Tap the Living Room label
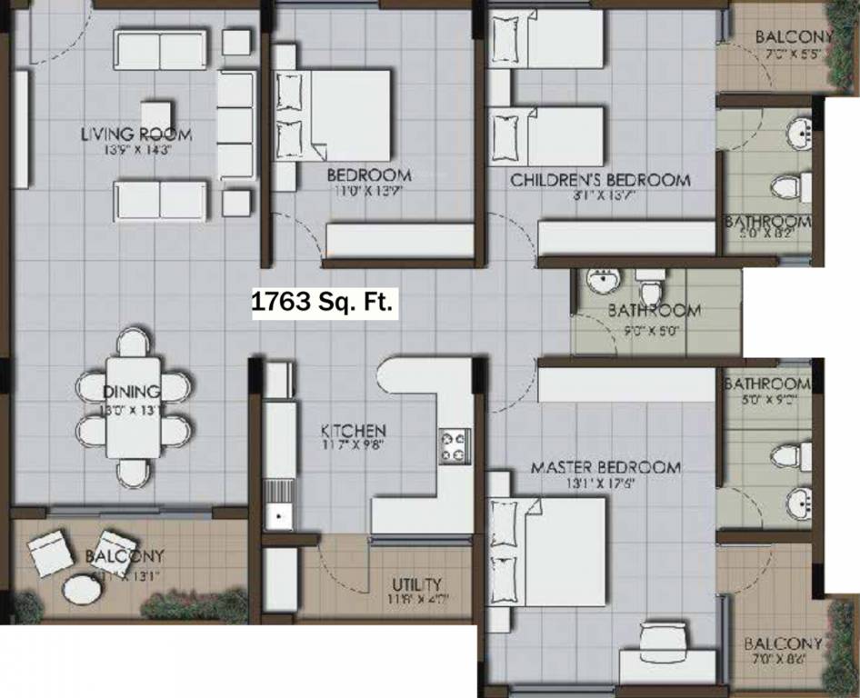click(x=136, y=135)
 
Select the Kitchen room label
click(x=354, y=430)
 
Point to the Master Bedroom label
click(x=605, y=468)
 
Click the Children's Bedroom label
click(x=600, y=180)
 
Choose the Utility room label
click(x=416, y=583)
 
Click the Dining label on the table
click(x=132, y=392)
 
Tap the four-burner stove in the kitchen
click(x=455, y=444)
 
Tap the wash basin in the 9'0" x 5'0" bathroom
click(x=601, y=281)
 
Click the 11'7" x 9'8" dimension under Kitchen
click(x=354, y=446)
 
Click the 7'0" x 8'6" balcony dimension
click(x=787, y=659)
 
